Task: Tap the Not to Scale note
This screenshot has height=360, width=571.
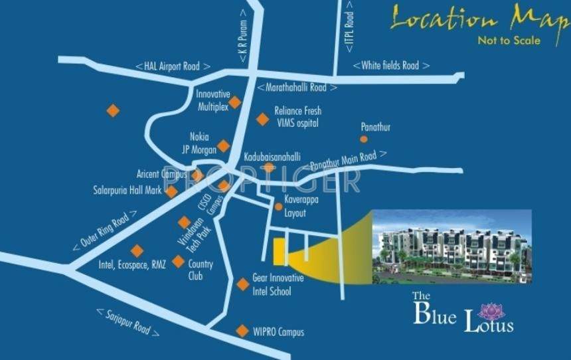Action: pyautogui.click(x=509, y=41)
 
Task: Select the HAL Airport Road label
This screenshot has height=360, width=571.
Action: pyautogui.click(x=173, y=66)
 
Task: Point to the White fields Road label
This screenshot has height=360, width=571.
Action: pyautogui.click(x=391, y=65)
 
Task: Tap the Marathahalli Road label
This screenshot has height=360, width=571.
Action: pyautogui.click(x=297, y=87)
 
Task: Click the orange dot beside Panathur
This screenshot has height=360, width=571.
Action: pyautogui.click(x=364, y=139)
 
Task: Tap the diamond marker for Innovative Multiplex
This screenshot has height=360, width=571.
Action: pyautogui.click(x=235, y=102)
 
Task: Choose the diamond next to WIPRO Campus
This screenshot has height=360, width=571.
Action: pyautogui.click(x=242, y=330)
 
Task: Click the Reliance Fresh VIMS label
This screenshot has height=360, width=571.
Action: pyautogui.click(x=297, y=118)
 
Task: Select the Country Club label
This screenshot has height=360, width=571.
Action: pyautogui.click(x=201, y=270)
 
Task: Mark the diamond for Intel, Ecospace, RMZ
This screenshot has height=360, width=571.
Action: pyautogui.click(x=137, y=251)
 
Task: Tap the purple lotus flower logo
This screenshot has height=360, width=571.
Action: pyautogui.click(x=492, y=311)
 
